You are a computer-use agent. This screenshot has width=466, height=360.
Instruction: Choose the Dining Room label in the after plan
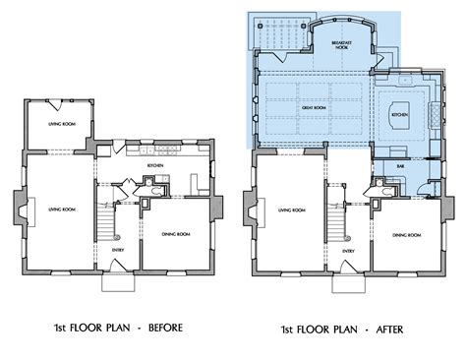point(406,236)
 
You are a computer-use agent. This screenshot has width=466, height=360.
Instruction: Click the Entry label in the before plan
point(119,251)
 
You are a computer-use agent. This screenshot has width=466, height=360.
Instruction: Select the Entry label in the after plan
point(348,251)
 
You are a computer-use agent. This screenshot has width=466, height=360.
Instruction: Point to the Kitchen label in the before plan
point(154,166)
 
